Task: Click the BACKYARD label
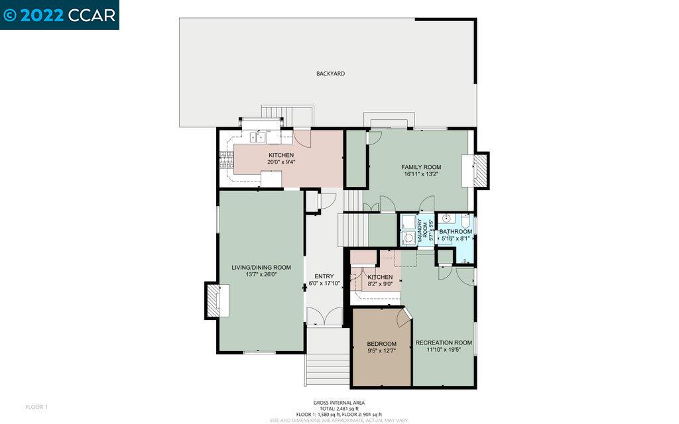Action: [x=330, y=74]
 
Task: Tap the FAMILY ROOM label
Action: [x=421, y=167]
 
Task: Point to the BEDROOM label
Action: [x=381, y=344]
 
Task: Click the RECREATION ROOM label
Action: [x=444, y=343]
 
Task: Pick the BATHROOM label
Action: [x=456, y=231]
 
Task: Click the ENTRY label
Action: [x=324, y=276]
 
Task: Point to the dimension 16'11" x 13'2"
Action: [x=421, y=174]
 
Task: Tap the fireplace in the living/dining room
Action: [x=216, y=300]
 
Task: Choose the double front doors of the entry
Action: [x=324, y=317]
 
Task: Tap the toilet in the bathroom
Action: [x=466, y=223]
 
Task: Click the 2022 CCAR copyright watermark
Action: [x=60, y=15]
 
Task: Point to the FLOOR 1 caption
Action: [x=36, y=406]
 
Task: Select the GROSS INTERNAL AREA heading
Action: [x=339, y=402]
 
